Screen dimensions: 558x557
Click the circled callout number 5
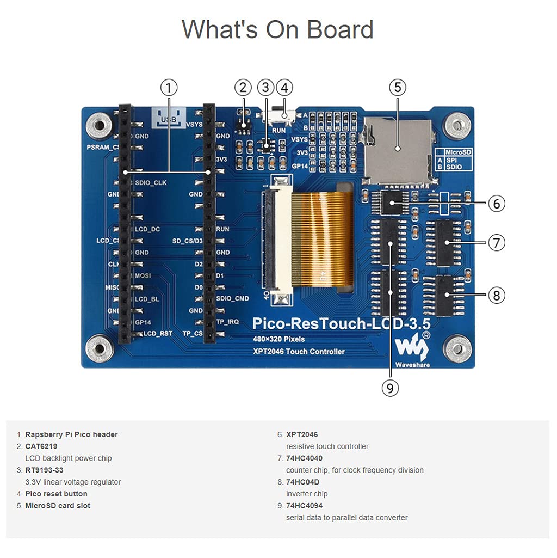tap(398, 87)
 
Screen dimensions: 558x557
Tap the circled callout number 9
tap(389, 388)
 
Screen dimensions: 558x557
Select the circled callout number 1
tap(169, 87)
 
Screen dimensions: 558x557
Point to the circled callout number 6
tap(496, 204)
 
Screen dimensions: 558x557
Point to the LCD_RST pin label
tap(158, 333)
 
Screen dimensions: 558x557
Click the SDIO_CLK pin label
tap(151, 182)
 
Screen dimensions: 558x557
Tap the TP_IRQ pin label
tap(227, 322)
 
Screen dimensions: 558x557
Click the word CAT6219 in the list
tap(41, 446)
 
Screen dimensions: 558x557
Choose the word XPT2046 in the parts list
tap(302, 434)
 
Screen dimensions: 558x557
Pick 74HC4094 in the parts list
tap(304, 506)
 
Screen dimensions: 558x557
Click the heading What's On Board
tap(277, 29)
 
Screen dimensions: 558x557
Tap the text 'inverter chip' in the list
tap(307, 494)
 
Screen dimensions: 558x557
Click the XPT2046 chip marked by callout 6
tap(395, 203)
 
